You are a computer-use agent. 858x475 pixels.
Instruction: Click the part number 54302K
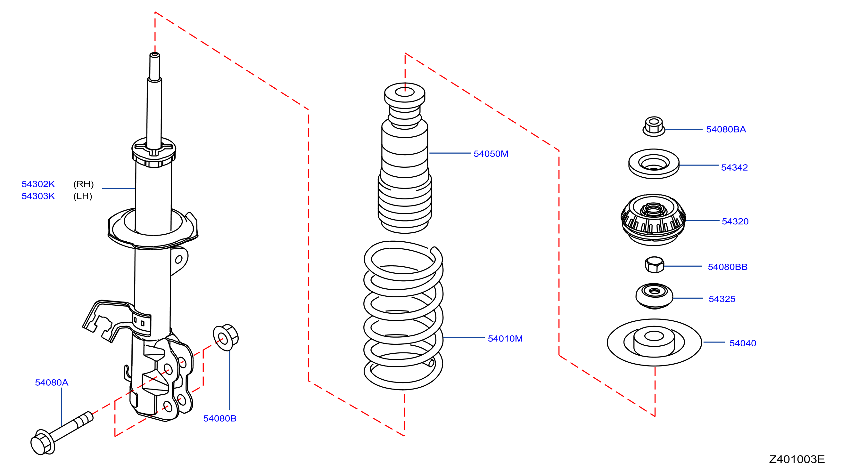tap(38, 184)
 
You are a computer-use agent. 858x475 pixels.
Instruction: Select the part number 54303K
tap(38, 196)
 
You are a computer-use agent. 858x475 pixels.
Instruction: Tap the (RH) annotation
tap(83, 184)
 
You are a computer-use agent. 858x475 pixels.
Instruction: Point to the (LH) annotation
tap(83, 196)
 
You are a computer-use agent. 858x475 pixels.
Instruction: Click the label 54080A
tap(52, 382)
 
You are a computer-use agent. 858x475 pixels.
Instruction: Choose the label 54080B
tap(220, 418)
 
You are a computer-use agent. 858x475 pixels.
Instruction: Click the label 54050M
tap(491, 154)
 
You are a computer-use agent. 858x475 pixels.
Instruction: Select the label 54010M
tap(505, 339)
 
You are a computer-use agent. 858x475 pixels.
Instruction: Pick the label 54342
tap(734, 167)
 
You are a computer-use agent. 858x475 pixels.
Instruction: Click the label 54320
tap(735, 221)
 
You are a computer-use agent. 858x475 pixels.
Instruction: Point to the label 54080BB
tap(728, 267)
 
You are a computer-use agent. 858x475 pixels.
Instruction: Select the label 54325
tap(722, 299)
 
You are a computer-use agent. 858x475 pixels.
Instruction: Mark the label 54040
tap(743, 343)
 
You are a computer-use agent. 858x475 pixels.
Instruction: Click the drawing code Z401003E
tap(797, 459)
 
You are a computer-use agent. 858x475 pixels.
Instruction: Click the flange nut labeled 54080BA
tap(654, 126)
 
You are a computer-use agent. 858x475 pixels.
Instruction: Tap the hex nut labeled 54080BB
tap(655, 265)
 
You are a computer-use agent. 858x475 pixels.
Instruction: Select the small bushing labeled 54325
tap(654, 296)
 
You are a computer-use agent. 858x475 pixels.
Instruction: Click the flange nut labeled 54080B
tap(226, 338)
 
